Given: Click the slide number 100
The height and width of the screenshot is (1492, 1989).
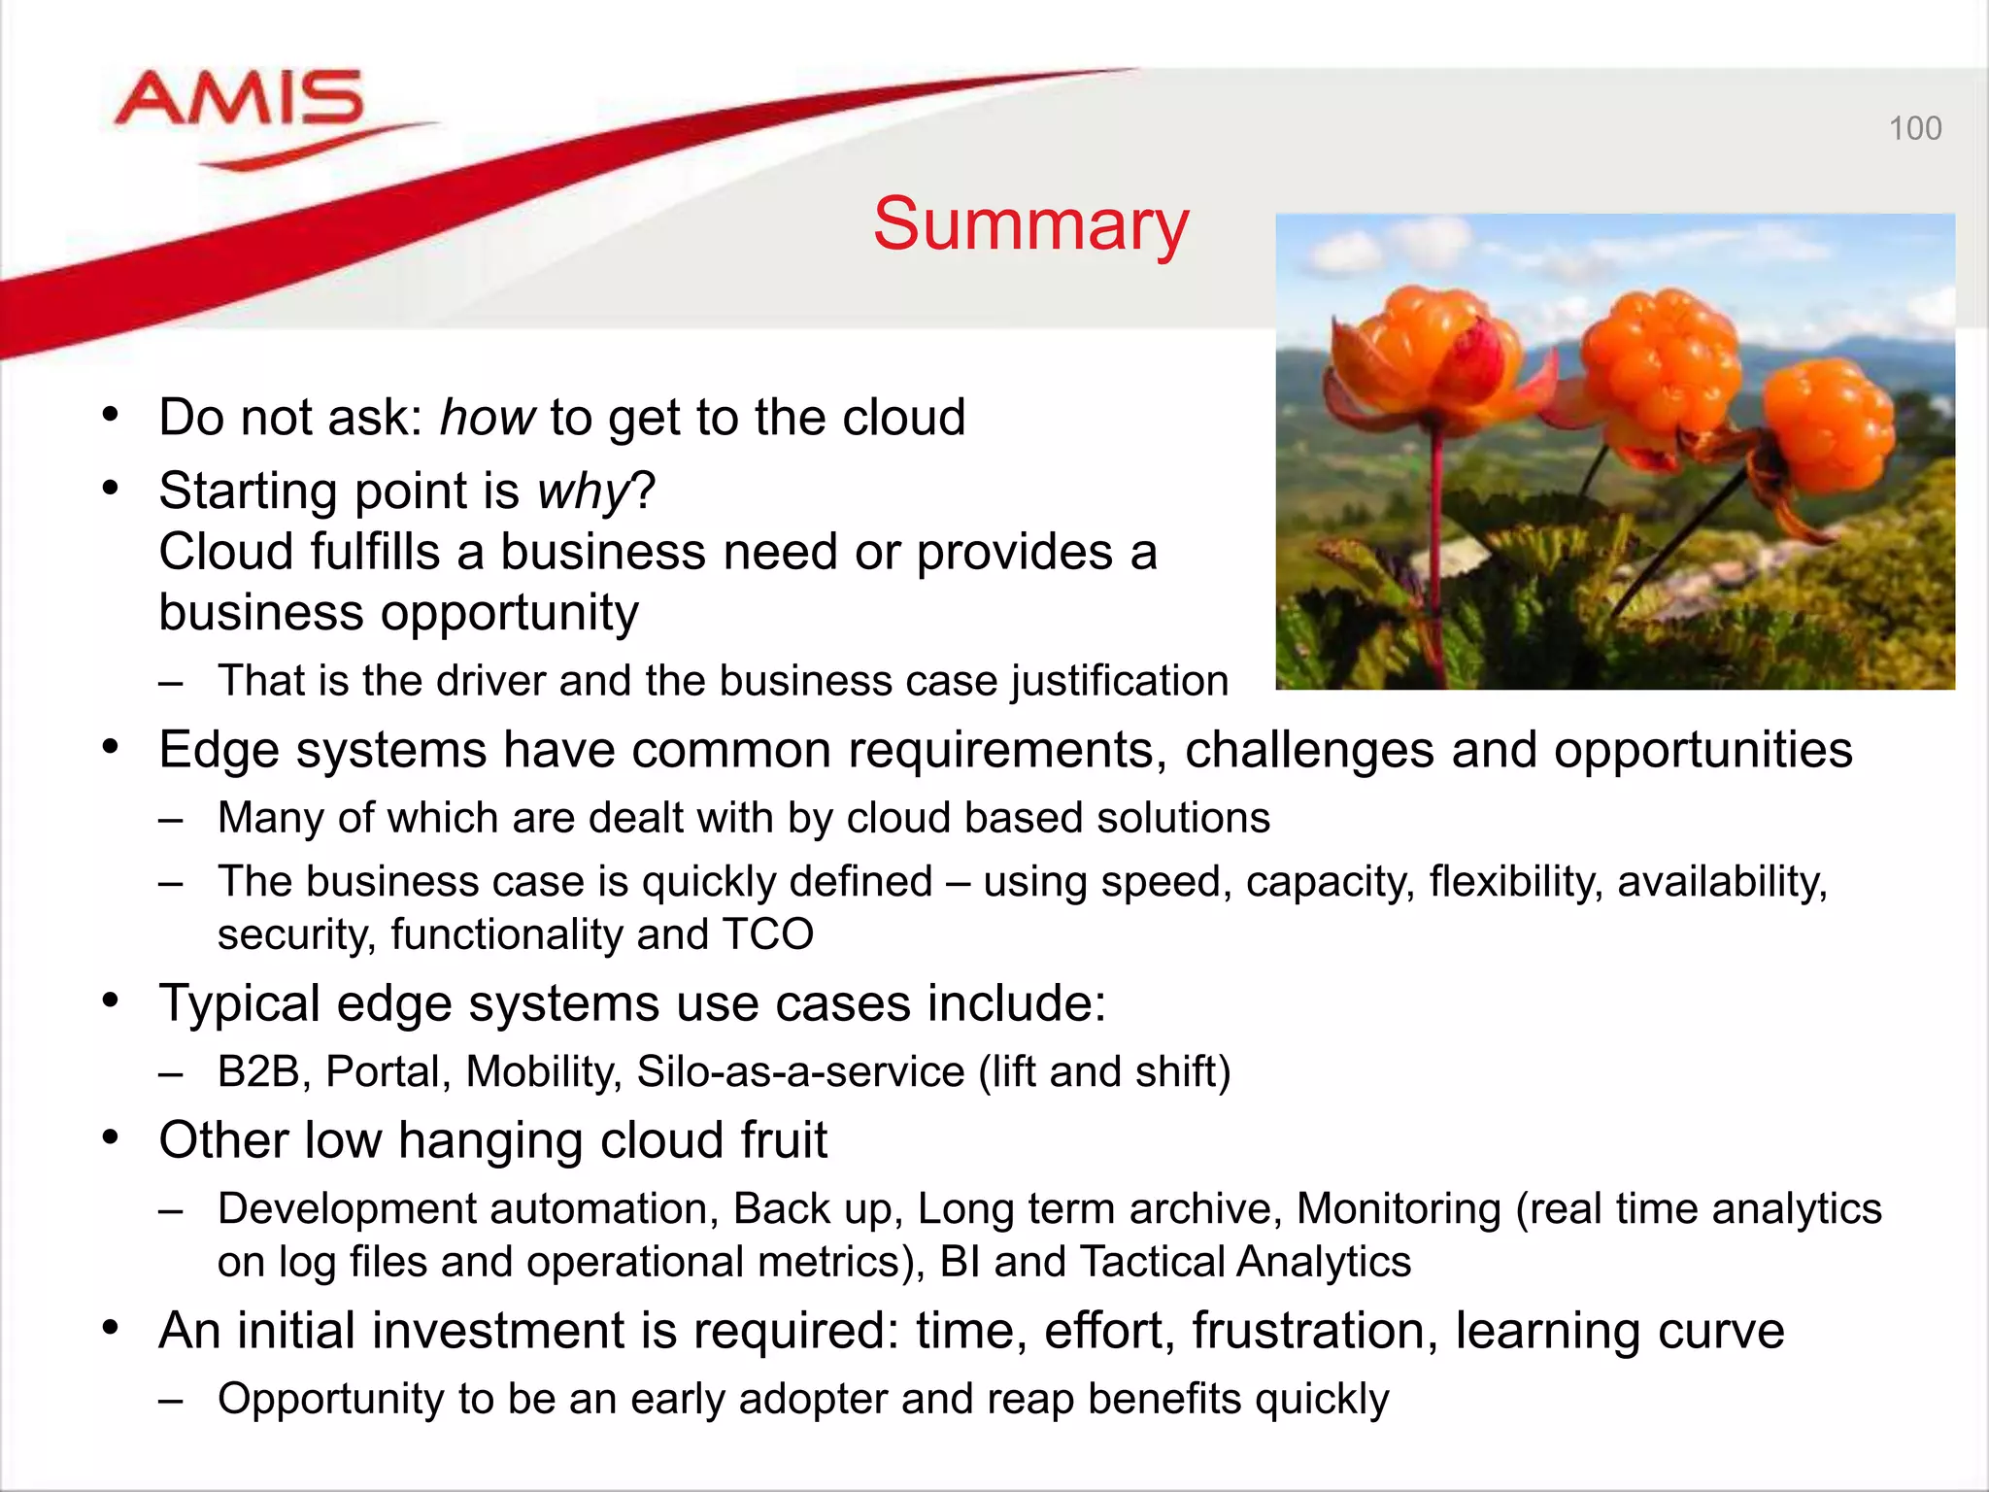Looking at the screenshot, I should pyautogui.click(x=1914, y=128).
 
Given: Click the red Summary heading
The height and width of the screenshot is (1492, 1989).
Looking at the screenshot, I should pyautogui.click(x=1030, y=224).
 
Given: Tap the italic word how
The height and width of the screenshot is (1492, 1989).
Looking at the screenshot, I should pyautogui.click(x=487, y=418).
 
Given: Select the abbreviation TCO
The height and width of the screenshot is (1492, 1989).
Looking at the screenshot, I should pyautogui.click(x=767, y=934).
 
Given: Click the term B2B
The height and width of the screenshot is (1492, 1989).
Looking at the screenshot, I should pyautogui.click(x=258, y=1071).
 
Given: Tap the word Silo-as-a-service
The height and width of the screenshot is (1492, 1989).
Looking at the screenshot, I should pyautogui.click(x=800, y=1071).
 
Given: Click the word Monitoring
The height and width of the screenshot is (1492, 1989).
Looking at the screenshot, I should pyautogui.click(x=1399, y=1209).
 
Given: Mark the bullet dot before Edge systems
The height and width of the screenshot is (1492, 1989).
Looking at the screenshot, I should pyautogui.click(x=111, y=748).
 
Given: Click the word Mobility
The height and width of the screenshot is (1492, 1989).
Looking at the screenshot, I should pyautogui.click(x=542, y=1071).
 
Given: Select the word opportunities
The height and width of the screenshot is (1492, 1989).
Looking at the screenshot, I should pyautogui.click(x=1702, y=750).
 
